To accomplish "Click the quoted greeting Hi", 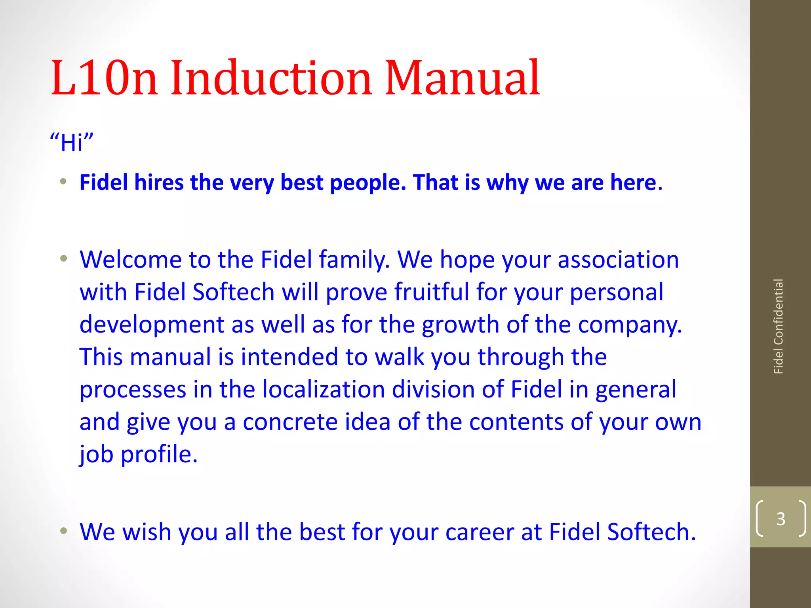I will click(72, 142).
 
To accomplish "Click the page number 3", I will click(781, 519).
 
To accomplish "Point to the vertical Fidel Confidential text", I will click(778, 327).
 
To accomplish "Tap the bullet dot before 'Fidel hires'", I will click(63, 182).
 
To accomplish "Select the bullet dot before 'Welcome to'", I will click(63, 259).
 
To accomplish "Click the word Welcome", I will click(131, 260).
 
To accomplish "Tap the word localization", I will click(324, 389).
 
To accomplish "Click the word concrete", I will click(290, 422).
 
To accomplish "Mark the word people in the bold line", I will click(368, 183).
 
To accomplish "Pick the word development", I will click(152, 325).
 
